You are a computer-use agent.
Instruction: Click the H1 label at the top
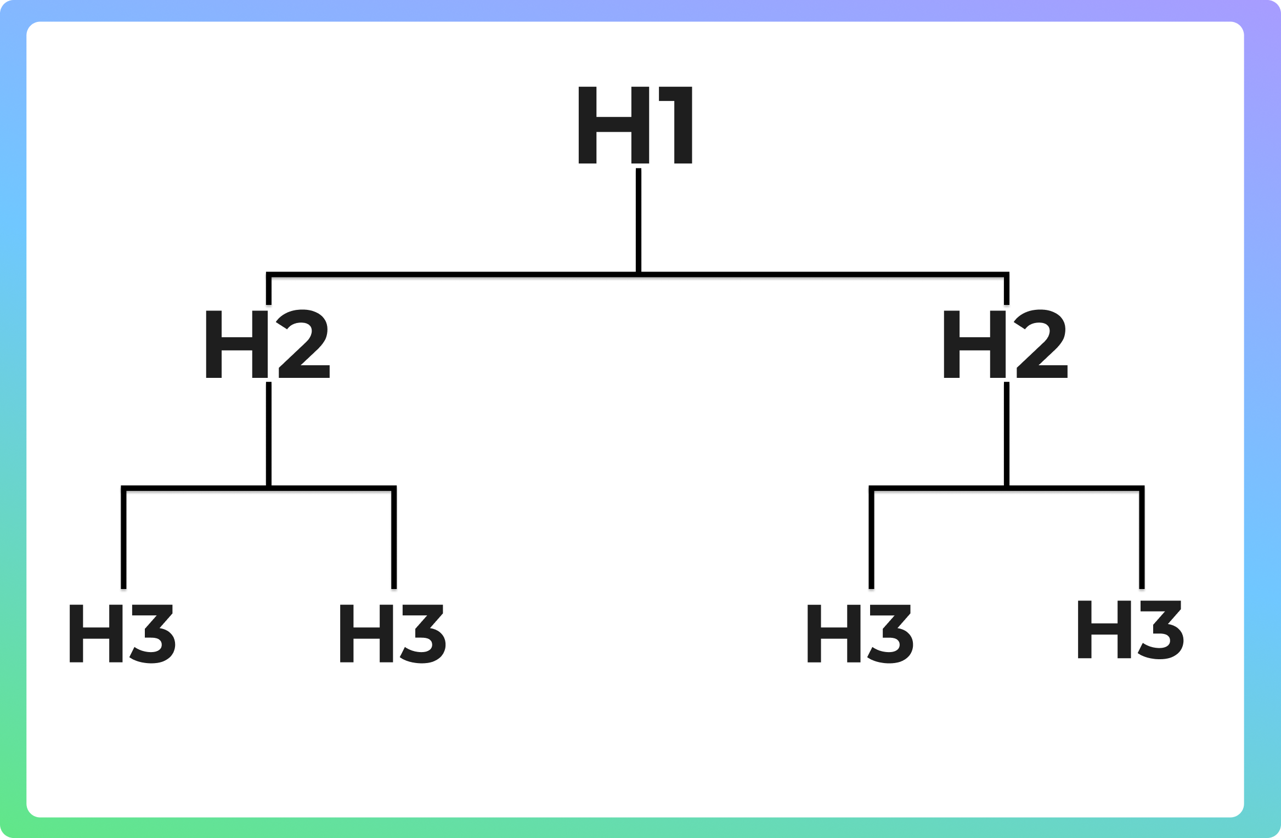tap(635, 125)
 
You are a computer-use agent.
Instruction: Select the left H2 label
tap(267, 344)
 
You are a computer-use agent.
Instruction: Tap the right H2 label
tap(1005, 344)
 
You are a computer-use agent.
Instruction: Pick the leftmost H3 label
tap(121, 633)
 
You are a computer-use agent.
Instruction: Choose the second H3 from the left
tap(392, 633)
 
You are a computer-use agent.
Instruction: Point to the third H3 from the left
tap(859, 633)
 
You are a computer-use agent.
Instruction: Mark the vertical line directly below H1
tap(639, 219)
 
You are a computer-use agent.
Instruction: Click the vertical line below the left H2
tap(269, 433)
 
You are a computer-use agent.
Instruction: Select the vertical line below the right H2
tap(1007, 433)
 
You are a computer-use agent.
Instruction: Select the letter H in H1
tap(613, 125)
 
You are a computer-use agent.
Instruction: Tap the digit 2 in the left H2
tap(303, 344)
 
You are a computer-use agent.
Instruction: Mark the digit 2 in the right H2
tap(1041, 344)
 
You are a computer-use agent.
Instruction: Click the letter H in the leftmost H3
tap(95, 633)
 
